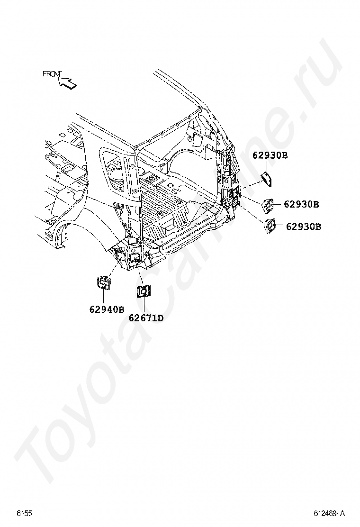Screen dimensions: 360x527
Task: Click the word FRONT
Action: tap(53, 73)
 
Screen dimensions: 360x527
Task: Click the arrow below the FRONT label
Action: tap(67, 83)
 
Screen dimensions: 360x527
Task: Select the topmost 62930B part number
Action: tap(270, 155)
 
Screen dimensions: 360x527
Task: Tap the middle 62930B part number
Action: tap(301, 204)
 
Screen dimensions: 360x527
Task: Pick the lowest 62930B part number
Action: tap(304, 226)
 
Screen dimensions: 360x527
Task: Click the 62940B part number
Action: tap(107, 309)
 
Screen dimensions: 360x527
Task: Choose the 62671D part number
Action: tap(146, 318)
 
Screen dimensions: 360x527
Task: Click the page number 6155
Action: tap(25, 513)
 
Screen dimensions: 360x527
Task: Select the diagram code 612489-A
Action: tap(329, 513)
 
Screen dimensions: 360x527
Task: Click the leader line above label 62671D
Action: tap(144, 306)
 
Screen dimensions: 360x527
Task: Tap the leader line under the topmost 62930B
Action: tap(267, 166)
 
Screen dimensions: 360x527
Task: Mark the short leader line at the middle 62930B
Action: tap(279, 204)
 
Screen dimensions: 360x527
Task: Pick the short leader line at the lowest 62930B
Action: tap(280, 226)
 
